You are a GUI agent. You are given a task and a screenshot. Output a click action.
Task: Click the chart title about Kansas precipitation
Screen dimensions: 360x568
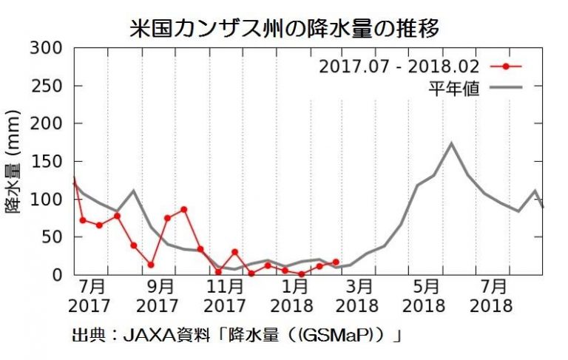pyautogui.click(x=284, y=28)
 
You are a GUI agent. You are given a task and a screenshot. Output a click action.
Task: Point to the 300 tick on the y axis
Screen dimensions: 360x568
pyautogui.click(x=49, y=49)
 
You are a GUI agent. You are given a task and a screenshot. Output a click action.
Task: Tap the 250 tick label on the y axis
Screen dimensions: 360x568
pyautogui.click(x=49, y=86)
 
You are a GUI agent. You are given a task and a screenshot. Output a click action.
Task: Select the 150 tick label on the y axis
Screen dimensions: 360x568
pyautogui.click(x=49, y=162)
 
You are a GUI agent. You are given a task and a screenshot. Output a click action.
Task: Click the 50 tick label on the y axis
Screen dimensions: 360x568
pyautogui.click(x=54, y=237)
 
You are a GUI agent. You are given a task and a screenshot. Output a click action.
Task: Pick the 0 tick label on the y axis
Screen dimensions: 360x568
pyautogui.click(x=59, y=275)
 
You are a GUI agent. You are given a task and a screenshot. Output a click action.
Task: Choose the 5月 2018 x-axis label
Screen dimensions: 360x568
pyautogui.click(x=427, y=295)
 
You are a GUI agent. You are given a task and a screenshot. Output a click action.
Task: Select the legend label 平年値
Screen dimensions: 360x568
pyautogui.click(x=453, y=89)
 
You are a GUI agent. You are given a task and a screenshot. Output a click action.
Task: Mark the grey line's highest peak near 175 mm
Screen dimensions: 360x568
pyautogui.click(x=451, y=143)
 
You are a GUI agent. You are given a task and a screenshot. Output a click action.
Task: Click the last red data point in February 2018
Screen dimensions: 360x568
pyautogui.click(x=336, y=262)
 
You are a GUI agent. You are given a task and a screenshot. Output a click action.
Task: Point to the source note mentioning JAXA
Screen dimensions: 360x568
pyautogui.click(x=237, y=336)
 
